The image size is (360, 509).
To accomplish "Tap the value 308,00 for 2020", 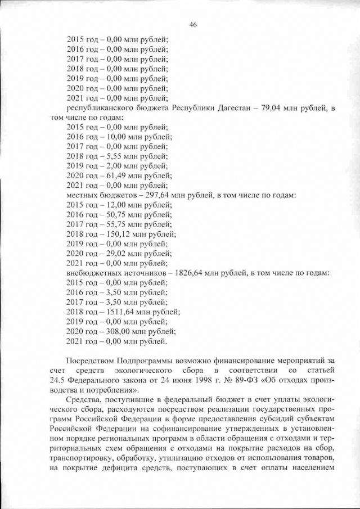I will (111, 331).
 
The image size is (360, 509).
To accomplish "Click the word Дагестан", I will (236, 108).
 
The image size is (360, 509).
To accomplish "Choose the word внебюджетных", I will (93, 273).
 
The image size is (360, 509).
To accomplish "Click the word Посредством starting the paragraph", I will (91, 361).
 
